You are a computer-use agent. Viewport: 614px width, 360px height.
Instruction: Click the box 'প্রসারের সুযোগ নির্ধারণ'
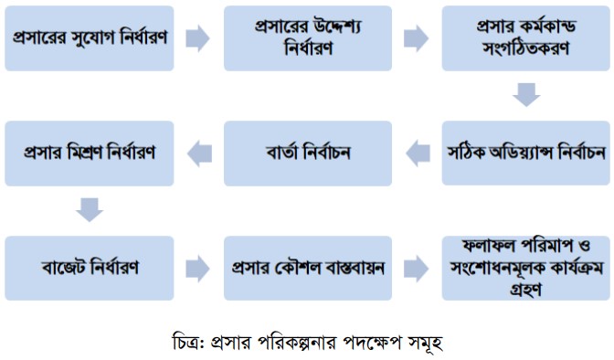pyautogui.click(x=90, y=38)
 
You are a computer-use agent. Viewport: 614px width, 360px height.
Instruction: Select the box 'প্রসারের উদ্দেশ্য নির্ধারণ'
pyautogui.click(x=308, y=38)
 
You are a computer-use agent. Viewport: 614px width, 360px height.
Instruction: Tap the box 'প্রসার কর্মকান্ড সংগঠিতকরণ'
pyautogui.click(x=526, y=38)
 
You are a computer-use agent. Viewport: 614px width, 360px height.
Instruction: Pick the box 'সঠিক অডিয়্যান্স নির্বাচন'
pyautogui.click(x=526, y=153)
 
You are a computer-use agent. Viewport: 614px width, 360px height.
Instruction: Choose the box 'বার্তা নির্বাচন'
pyautogui.click(x=308, y=153)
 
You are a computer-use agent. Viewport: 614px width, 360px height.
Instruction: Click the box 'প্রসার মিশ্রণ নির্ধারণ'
pyautogui.click(x=90, y=153)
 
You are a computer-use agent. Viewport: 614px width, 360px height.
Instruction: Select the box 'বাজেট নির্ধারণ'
pyautogui.click(x=90, y=268)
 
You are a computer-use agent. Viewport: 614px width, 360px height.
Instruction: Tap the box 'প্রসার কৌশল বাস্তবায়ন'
pyautogui.click(x=308, y=268)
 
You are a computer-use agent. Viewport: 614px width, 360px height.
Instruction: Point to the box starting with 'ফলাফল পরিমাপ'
pyautogui.click(x=526, y=268)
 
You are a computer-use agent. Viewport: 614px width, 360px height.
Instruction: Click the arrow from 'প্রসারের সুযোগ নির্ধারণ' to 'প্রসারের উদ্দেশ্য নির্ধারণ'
pyautogui.click(x=197, y=38)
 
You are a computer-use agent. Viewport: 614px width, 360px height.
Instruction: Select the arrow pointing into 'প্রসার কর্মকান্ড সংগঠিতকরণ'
pyautogui.click(x=417, y=38)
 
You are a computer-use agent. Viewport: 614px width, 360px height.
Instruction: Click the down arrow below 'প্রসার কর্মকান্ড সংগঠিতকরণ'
pyautogui.click(x=526, y=94)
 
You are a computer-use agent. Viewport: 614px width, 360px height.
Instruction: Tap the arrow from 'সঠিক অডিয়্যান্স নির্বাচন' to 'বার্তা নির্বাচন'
pyautogui.click(x=418, y=154)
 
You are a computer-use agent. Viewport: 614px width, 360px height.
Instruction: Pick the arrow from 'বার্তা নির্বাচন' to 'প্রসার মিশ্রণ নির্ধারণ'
pyautogui.click(x=200, y=154)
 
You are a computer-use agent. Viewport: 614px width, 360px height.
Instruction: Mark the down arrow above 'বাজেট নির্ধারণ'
pyautogui.click(x=90, y=210)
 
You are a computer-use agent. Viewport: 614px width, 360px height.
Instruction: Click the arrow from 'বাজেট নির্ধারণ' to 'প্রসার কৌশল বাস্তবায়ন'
pyautogui.click(x=197, y=269)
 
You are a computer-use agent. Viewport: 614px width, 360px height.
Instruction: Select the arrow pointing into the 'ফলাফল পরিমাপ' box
pyautogui.click(x=417, y=269)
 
